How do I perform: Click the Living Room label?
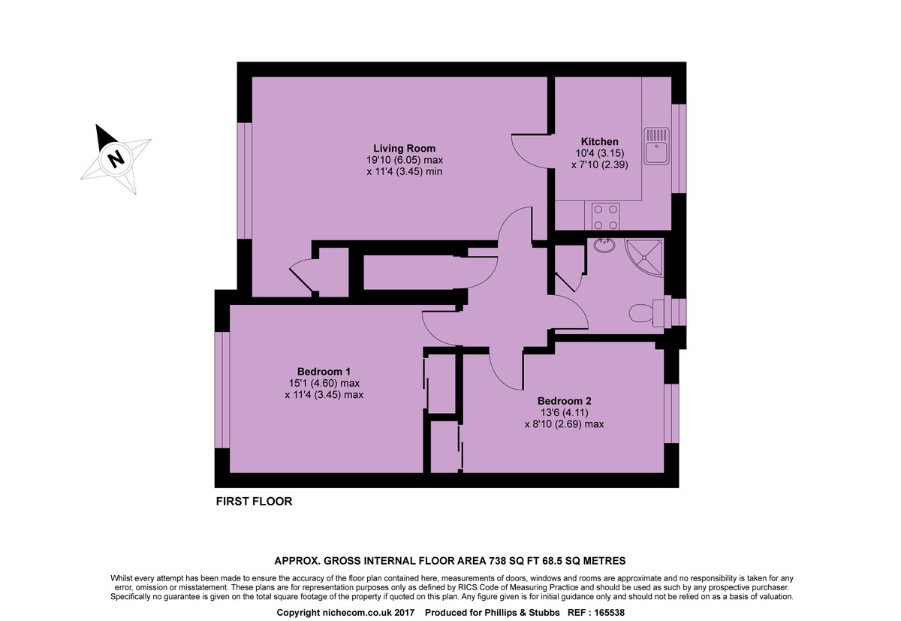405,148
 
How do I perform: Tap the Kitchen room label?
599,141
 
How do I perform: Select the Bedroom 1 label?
324,371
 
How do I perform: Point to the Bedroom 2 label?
564,400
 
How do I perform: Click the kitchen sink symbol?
655,146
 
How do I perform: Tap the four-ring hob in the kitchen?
605,217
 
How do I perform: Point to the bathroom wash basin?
602,246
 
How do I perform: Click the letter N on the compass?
116,159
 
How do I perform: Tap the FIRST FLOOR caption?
254,502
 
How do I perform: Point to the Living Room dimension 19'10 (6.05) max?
405,160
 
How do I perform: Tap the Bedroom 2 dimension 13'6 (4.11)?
564,412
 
